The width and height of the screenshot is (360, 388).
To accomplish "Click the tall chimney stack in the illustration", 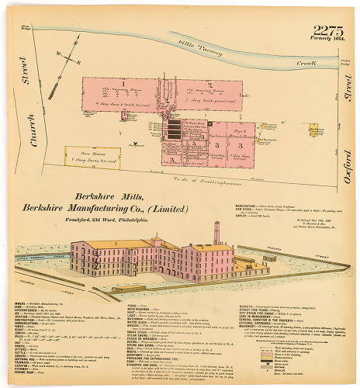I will [x=216, y=234].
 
